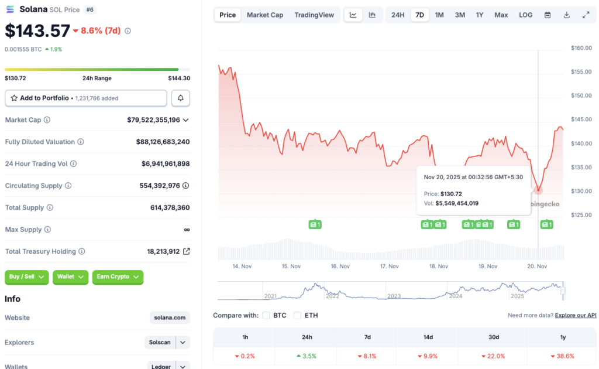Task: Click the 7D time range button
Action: coord(419,15)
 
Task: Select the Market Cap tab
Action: coord(264,15)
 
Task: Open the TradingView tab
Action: coord(314,15)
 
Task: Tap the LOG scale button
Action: coord(525,15)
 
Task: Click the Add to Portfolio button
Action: coord(85,98)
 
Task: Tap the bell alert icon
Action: coord(181,98)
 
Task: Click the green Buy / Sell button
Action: coord(27,276)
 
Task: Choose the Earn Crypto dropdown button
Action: coord(118,276)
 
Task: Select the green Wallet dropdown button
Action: coord(70,276)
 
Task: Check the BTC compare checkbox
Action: coord(266,315)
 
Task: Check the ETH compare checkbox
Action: coord(297,315)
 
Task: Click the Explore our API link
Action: coord(576,315)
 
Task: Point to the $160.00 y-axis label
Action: coord(581,48)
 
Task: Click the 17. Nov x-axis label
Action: coord(389,266)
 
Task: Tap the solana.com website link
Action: coord(170,317)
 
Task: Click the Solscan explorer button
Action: coord(160,342)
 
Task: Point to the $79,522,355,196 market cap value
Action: coord(154,120)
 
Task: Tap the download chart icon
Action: coord(566,15)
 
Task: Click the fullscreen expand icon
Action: coord(586,15)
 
